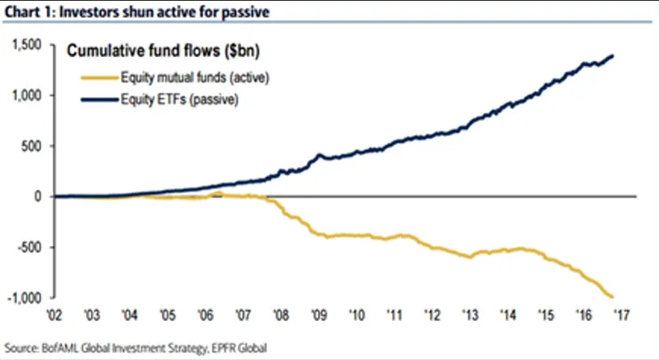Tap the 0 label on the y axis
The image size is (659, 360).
coord(39,196)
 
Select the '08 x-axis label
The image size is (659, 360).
coord(281,315)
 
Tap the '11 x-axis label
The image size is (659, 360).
coord(392,315)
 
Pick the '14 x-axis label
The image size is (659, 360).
coord(503,315)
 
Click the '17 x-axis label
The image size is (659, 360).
coord(616,315)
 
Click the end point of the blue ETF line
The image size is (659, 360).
coord(613,56)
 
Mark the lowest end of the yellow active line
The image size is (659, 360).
coord(613,298)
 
